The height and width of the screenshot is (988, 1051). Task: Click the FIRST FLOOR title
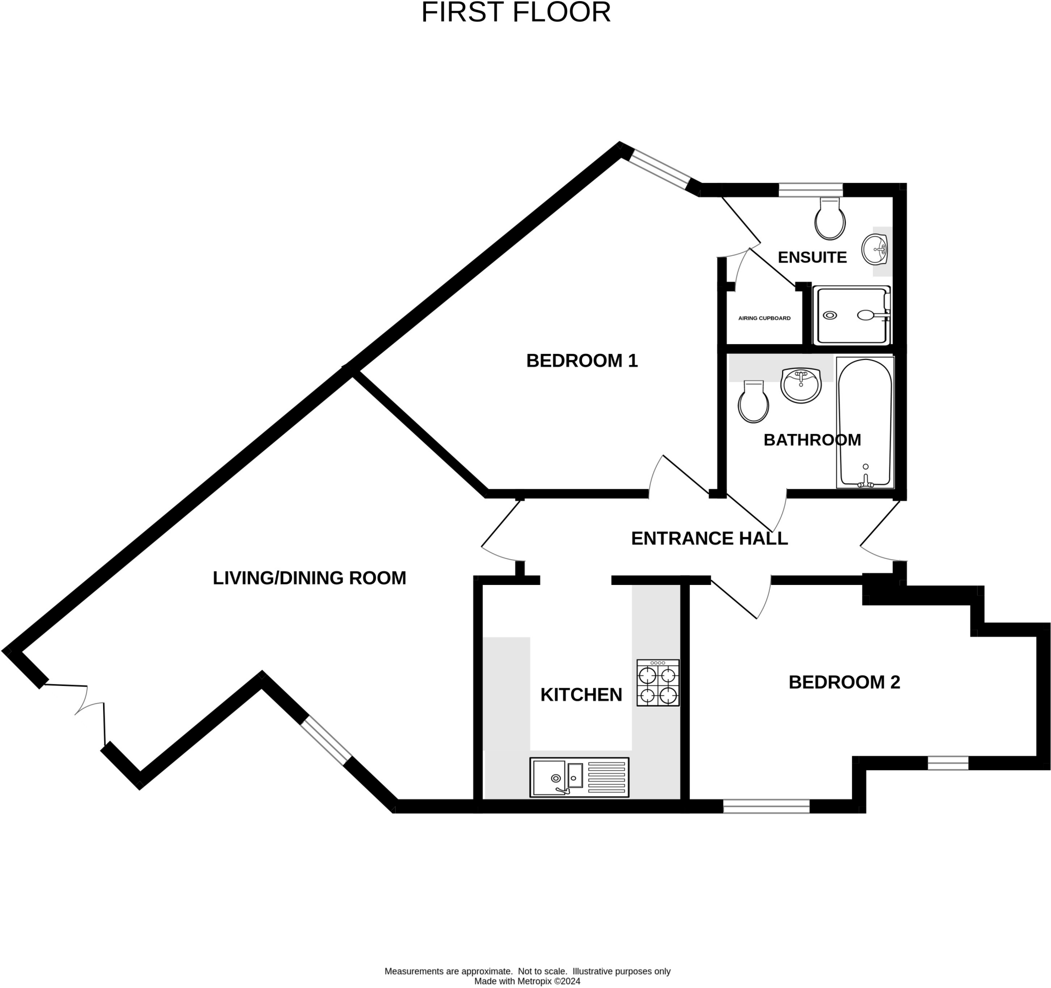(x=515, y=13)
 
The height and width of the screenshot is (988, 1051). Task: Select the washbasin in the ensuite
(x=874, y=249)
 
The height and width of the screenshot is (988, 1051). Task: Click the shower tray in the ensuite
(x=852, y=316)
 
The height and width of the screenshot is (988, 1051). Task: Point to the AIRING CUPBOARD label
(x=764, y=318)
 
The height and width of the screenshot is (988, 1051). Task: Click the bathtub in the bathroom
(x=865, y=422)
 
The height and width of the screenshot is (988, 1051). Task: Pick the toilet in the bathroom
(x=753, y=402)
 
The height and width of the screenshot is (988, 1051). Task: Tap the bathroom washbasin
(x=801, y=385)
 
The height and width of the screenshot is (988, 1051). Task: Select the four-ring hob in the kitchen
(x=658, y=682)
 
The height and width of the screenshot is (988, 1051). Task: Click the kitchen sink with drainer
(x=579, y=777)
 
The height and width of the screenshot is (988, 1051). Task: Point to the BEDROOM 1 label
(x=581, y=360)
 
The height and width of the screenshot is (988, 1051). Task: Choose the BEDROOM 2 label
(x=844, y=682)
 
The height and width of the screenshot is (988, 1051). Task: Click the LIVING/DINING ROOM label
(x=309, y=578)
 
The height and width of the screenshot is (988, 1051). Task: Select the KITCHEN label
(x=581, y=695)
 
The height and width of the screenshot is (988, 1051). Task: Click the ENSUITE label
(x=812, y=258)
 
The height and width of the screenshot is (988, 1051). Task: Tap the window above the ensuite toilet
(x=810, y=190)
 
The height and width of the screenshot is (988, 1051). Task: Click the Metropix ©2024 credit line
(x=527, y=981)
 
